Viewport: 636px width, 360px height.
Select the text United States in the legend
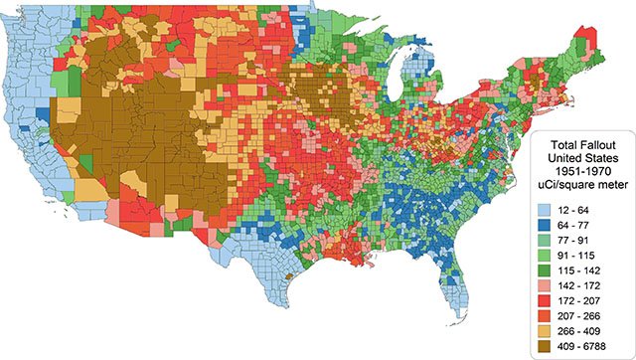click(580, 156)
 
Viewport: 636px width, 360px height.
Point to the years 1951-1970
click(580, 170)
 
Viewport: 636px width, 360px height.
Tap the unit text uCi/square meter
click(580, 184)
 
